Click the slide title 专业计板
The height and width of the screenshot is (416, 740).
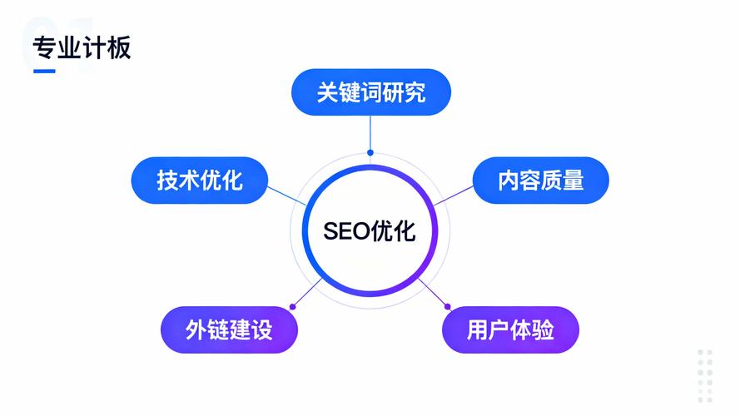82,47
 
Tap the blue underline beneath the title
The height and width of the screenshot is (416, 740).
44,72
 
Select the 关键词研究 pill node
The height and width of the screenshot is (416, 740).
371,92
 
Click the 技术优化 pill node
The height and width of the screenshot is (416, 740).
200,181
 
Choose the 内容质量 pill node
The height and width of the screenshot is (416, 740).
541,181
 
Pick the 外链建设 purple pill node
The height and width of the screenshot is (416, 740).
230,329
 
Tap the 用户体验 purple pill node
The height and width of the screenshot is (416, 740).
510,329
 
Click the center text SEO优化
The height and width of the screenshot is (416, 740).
370,231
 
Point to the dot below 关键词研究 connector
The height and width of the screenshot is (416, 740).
370,152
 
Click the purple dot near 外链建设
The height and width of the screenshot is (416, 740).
293,307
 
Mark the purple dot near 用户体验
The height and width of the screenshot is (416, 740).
447,307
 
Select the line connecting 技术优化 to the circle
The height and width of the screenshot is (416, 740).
287,196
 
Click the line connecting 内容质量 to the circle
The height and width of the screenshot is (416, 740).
453,196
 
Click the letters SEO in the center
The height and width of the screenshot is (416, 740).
347,231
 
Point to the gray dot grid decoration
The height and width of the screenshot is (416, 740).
705,376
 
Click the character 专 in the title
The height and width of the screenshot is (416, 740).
45,47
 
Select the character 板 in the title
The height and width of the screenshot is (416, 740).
119,47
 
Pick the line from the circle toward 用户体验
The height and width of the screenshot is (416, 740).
433,292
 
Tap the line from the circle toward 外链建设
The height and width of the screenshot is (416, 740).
308,292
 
